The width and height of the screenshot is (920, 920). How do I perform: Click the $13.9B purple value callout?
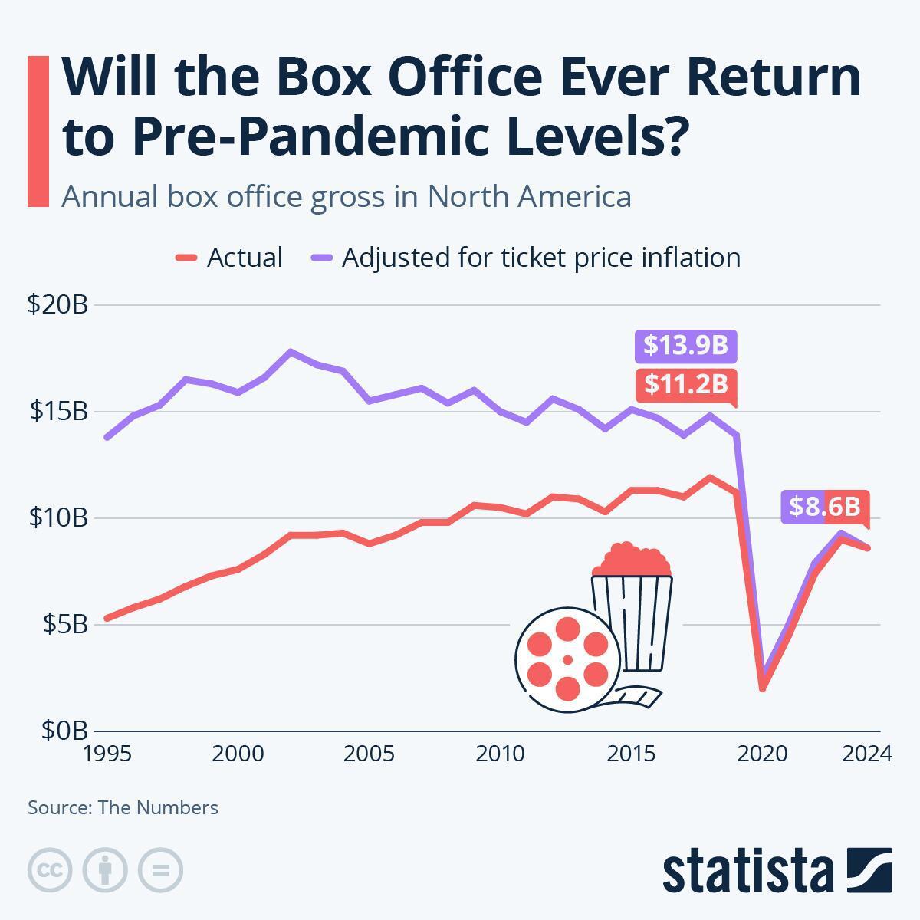coord(685,346)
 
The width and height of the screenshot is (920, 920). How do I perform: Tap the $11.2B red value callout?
coord(685,383)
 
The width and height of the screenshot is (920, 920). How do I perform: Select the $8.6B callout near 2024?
coord(825,507)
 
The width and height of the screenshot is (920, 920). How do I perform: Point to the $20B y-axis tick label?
coord(58,304)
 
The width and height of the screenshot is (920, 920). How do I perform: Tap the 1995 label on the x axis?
coord(108,754)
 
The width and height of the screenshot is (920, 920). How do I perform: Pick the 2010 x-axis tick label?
coord(500,754)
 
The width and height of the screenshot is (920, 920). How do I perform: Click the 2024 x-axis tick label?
coord(867,754)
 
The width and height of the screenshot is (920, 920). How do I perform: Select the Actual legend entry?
coord(230,258)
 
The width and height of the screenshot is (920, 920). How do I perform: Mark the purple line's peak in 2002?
coord(291,352)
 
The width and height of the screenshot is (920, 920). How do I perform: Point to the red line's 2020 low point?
coord(762,688)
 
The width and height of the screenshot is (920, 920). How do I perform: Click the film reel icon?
coord(567,654)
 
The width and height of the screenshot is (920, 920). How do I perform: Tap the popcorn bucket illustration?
coord(632,606)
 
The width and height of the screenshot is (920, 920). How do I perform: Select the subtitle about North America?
coord(347,196)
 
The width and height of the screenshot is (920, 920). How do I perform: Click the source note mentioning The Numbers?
coord(123,807)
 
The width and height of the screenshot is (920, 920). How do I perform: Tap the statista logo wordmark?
coord(747,871)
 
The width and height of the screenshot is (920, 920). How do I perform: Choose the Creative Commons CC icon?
coord(50,870)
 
